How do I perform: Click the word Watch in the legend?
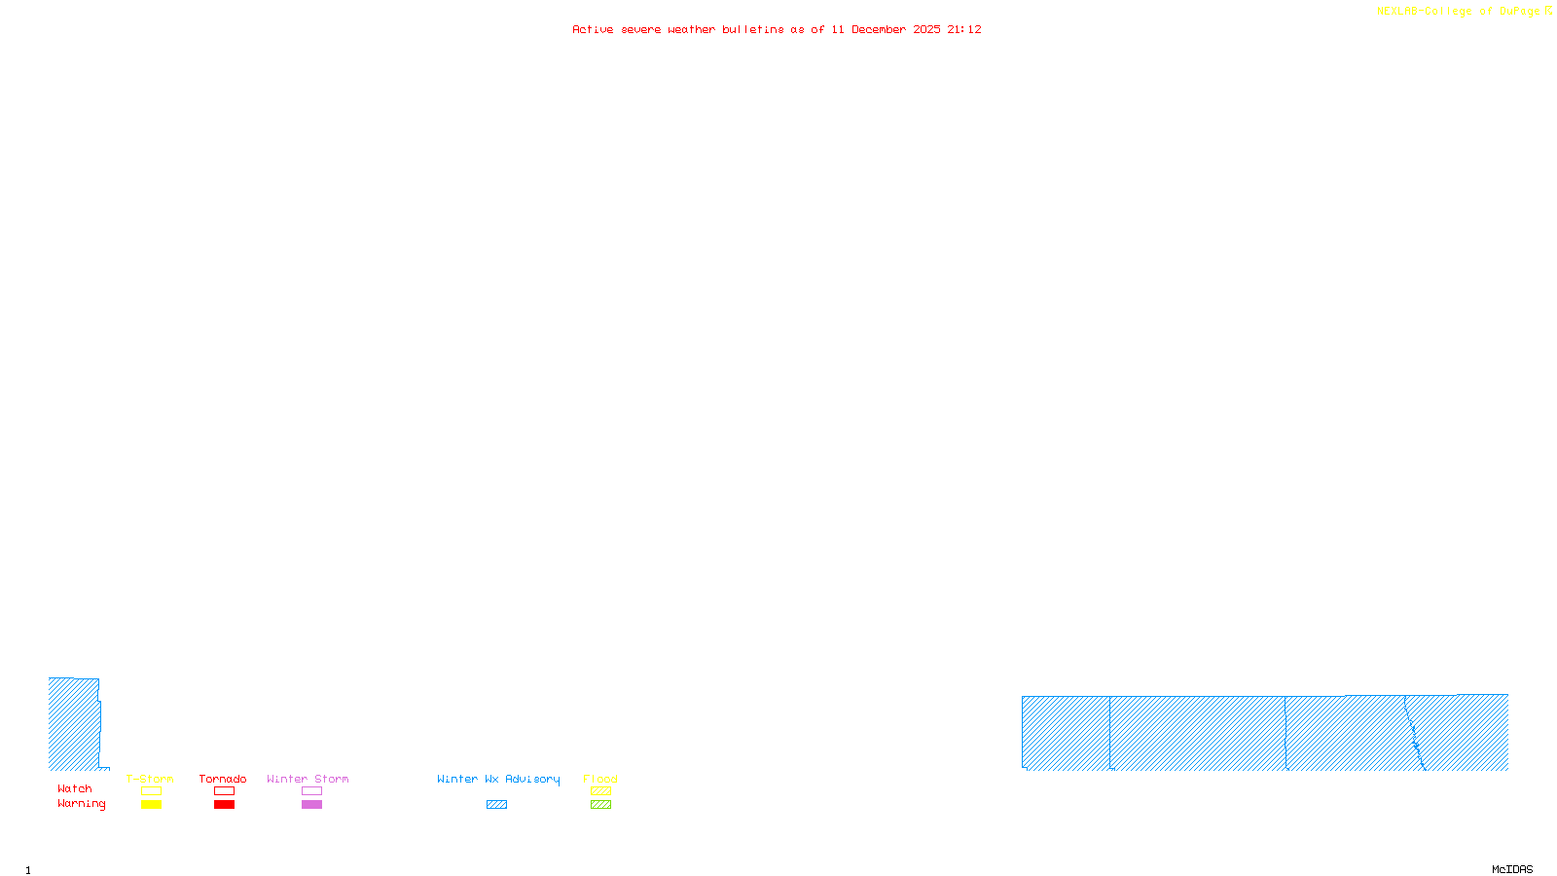75,789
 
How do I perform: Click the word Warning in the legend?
82,804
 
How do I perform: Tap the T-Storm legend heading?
150,779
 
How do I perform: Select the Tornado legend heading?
223,779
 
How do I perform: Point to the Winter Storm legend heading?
308,779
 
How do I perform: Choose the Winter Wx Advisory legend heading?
498,779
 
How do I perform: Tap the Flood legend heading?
600,779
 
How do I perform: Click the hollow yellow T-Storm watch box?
151,791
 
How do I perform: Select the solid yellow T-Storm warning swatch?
151,805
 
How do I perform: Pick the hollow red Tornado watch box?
224,791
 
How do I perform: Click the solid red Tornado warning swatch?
224,805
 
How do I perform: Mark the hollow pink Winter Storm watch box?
311,791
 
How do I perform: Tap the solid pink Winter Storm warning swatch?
311,805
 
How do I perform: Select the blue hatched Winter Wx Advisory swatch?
496,805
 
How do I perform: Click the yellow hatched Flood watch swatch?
600,791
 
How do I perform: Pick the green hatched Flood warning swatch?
600,805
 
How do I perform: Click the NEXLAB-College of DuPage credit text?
1459,12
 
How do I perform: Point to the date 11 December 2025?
886,30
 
